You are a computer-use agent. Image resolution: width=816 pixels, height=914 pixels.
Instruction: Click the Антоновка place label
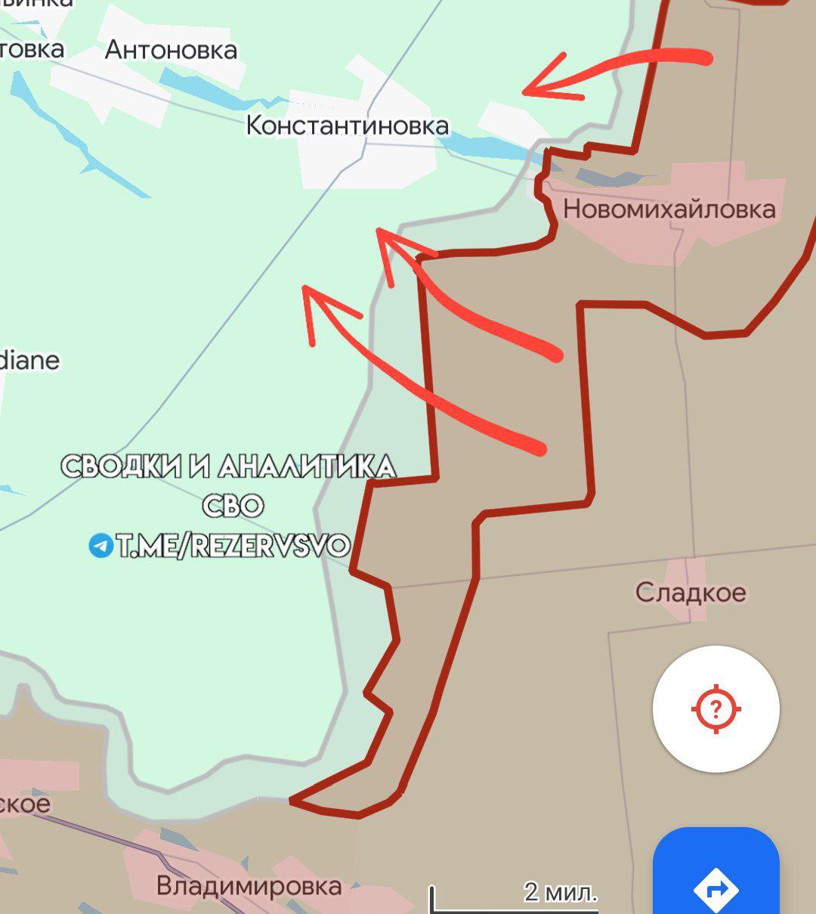pyautogui.click(x=171, y=50)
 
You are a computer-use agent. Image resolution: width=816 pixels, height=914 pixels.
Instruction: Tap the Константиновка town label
pyautogui.click(x=348, y=125)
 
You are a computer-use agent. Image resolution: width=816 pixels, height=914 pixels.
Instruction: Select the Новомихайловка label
pyautogui.click(x=669, y=209)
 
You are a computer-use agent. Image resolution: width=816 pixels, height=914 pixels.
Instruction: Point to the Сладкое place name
pyautogui.click(x=690, y=592)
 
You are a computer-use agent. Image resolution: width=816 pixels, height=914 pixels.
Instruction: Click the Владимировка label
pyautogui.click(x=249, y=885)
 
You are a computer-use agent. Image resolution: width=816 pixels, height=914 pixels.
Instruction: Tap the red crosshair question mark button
pyautogui.click(x=716, y=709)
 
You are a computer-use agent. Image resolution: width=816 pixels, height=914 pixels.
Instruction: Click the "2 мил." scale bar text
pyautogui.click(x=560, y=892)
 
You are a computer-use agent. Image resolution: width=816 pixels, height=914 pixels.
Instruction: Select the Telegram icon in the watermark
pyautogui.click(x=100, y=544)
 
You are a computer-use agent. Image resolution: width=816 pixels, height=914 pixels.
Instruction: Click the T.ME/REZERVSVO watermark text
pyautogui.click(x=233, y=545)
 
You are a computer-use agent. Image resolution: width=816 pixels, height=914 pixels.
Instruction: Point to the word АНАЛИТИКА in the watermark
pyautogui.click(x=306, y=466)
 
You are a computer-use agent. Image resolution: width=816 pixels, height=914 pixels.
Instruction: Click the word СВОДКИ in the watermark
pyautogui.click(x=121, y=466)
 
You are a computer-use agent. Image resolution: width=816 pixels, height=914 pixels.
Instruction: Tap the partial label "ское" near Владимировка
pyautogui.click(x=24, y=803)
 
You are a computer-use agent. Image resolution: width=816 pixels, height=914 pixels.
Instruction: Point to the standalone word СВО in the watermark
pyautogui.click(x=233, y=505)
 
